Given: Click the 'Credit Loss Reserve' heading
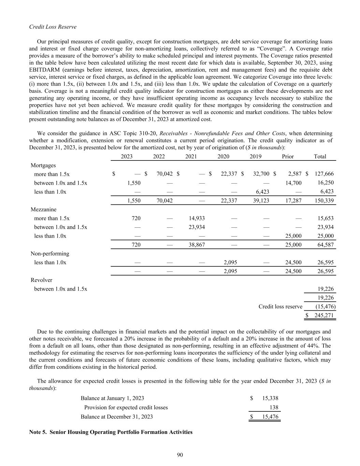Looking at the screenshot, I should coord(53,27).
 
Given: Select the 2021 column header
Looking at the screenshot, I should coord(191,156).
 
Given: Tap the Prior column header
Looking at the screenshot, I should coord(288,156).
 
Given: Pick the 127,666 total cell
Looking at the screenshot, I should coord(324,174).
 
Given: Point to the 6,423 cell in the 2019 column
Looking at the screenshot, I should coord(262,192).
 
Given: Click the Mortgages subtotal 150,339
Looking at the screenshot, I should coord(324,201).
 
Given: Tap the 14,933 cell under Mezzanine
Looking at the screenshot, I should coord(197,218).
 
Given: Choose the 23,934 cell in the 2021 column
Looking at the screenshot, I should coord(197,227).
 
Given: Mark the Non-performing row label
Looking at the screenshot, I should coord(50,254).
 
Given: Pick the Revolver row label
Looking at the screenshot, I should coord(42,280).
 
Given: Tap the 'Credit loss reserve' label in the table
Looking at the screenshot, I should coord(280,307).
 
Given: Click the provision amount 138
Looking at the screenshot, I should coord(274,408).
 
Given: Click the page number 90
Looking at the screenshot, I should coord(180,455).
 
